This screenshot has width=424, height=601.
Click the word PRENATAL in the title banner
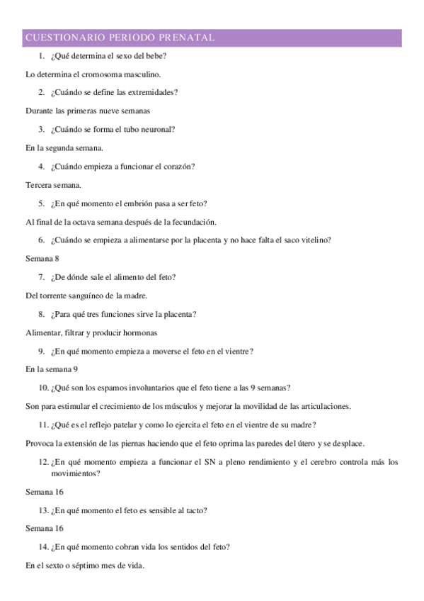189,37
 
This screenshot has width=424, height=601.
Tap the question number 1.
42,55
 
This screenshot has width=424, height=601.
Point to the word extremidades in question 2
153,92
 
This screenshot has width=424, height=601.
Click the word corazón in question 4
179,167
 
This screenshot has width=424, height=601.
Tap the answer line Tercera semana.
53,185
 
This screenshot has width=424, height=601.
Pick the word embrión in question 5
138,203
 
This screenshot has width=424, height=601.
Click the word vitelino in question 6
314,240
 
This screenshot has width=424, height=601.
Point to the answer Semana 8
42,259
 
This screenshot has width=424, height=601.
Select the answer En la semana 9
52,369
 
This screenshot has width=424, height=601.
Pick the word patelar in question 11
125,425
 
